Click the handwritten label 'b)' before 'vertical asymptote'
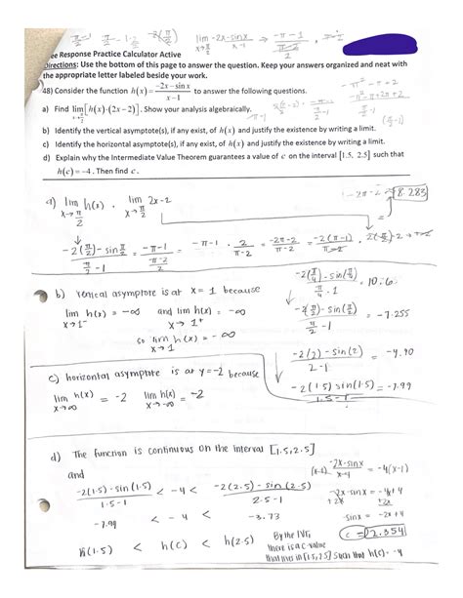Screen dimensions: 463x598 tap(59, 293)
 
